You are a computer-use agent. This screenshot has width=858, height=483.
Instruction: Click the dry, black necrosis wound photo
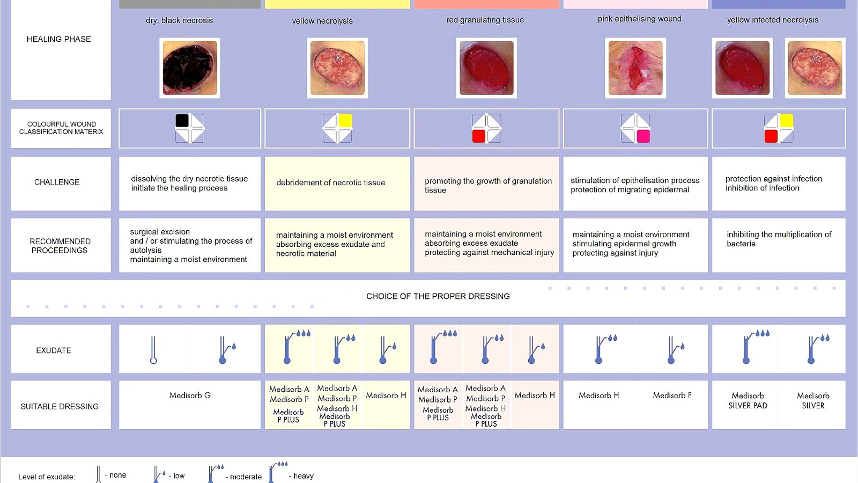pyautogui.click(x=190, y=68)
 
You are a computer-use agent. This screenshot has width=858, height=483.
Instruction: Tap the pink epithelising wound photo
pyautogui.click(x=635, y=68)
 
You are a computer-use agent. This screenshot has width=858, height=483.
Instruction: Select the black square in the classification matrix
pyautogui.click(x=182, y=121)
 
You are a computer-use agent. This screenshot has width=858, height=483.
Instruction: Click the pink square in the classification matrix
pyautogui.click(x=643, y=136)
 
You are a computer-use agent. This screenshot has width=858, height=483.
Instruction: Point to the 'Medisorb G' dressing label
pyautogui.click(x=190, y=396)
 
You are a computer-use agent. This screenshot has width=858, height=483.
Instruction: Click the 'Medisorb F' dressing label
pyautogui.click(x=672, y=396)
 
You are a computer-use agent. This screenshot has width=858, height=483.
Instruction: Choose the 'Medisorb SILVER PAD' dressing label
pyautogui.click(x=748, y=400)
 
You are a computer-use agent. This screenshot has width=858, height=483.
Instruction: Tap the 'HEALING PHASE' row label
pyautogui.click(x=59, y=39)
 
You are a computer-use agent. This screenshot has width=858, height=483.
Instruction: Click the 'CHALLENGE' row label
pyautogui.click(x=57, y=182)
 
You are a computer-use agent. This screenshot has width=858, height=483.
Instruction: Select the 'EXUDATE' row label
pyautogui.click(x=54, y=350)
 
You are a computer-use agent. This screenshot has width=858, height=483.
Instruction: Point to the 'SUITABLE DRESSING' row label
pyautogui.click(x=60, y=406)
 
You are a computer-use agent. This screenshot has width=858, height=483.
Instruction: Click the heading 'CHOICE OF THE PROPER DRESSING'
pyautogui.click(x=438, y=296)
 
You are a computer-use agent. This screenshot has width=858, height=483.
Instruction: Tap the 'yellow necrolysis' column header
pyautogui.click(x=322, y=21)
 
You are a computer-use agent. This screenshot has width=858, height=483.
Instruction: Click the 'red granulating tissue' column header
pyautogui.click(x=485, y=20)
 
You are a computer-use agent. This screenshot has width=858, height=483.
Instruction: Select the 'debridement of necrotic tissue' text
pyautogui.click(x=331, y=182)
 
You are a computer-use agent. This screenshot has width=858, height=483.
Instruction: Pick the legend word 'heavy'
pyautogui.click(x=304, y=476)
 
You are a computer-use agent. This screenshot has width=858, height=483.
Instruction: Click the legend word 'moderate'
pyautogui.click(x=246, y=477)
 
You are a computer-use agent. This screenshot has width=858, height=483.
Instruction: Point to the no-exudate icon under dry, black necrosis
pyautogui.click(x=153, y=350)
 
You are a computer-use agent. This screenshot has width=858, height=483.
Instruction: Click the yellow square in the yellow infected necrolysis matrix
pyautogui.click(x=786, y=121)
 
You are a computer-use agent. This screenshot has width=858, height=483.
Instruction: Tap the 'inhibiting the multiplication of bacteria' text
pyautogui.click(x=779, y=239)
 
